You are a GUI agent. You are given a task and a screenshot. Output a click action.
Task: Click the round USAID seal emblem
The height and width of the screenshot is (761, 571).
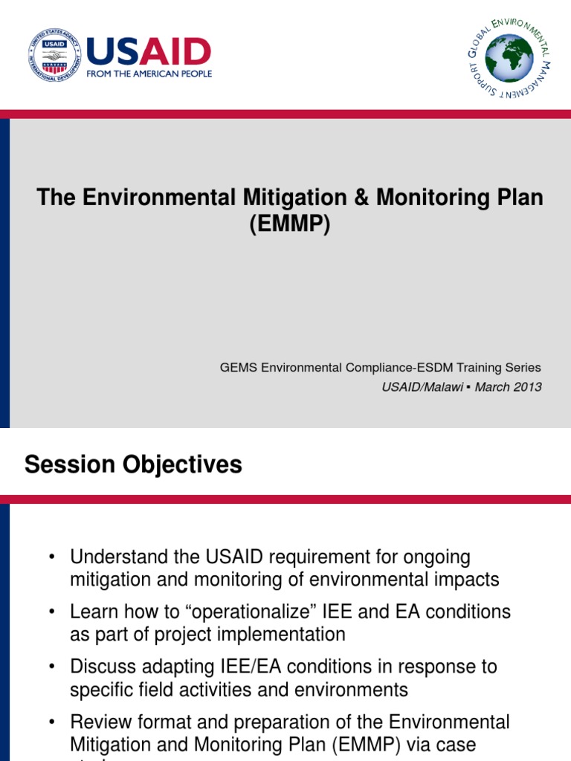point(54,55)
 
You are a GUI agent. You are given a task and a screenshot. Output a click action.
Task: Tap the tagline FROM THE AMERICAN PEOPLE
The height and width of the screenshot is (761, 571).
point(149,74)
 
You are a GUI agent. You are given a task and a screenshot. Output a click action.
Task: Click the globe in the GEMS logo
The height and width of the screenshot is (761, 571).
point(509,58)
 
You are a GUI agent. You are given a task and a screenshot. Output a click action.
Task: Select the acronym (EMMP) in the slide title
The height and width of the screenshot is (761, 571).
point(289,223)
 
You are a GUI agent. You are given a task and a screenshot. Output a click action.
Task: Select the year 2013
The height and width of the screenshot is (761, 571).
point(529,387)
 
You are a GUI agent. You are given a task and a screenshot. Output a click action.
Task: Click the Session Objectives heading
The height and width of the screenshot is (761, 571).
point(133,465)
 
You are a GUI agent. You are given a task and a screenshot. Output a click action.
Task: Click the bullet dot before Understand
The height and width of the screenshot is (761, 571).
point(51,557)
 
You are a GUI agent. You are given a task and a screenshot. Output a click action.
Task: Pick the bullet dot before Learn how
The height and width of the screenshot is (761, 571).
point(51,612)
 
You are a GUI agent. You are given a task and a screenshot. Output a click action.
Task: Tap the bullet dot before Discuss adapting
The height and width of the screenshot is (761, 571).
point(51,667)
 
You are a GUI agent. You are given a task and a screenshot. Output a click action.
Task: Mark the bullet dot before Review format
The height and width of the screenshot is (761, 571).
point(51,722)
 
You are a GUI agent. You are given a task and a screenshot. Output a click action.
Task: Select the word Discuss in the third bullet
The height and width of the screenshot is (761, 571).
point(100,667)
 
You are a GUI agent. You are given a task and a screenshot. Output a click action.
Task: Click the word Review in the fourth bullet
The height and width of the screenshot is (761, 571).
point(97,722)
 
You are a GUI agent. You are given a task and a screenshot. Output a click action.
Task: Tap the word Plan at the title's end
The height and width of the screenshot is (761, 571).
point(520,198)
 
